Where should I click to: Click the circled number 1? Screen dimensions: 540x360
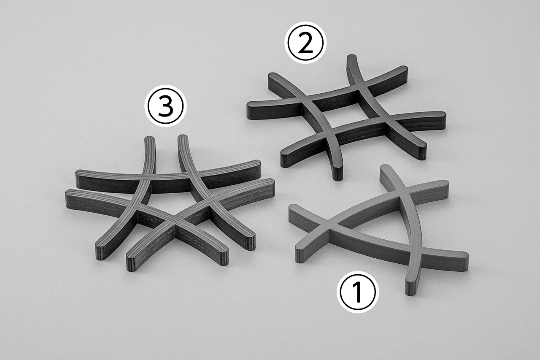(x=357, y=292)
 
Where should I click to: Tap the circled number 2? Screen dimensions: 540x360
(x=305, y=43)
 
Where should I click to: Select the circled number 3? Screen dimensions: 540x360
(x=165, y=106)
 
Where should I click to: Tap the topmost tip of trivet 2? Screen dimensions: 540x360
(x=352, y=56)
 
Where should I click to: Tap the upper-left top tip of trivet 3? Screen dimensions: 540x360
(x=149, y=138)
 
